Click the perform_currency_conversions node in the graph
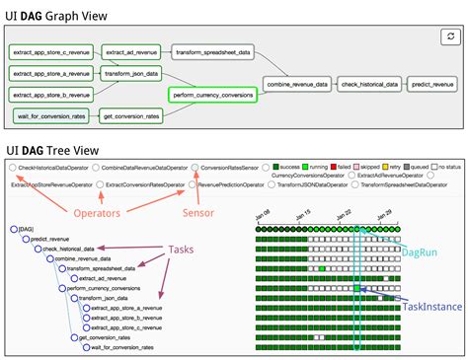pos(211,96)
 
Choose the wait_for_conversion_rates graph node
pos(50,116)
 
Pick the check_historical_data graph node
pos(370,85)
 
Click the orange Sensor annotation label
pos(198,212)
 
